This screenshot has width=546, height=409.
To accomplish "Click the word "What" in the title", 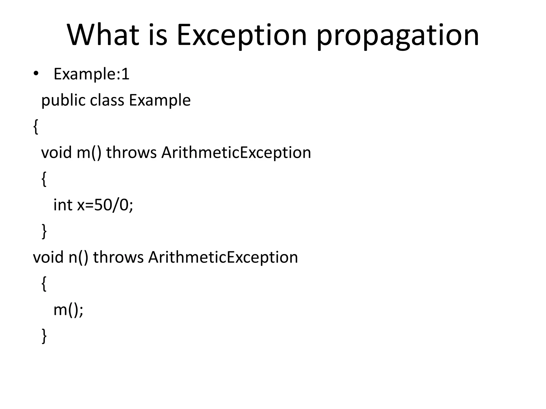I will click(x=103, y=35).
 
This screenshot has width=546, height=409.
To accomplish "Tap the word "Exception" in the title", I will click(x=242, y=35).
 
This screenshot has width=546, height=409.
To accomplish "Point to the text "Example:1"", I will click(x=91, y=74).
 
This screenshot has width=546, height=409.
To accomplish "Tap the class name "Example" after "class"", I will click(x=160, y=101).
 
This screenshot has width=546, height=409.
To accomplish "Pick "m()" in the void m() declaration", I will click(x=89, y=153).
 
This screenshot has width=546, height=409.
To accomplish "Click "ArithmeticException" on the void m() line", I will click(x=236, y=153).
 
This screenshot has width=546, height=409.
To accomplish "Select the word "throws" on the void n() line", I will click(x=118, y=257).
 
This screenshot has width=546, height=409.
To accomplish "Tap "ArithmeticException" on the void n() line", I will click(x=223, y=257).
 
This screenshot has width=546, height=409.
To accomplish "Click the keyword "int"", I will click(x=63, y=205).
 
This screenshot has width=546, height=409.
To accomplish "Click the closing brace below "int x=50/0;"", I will click(x=44, y=231).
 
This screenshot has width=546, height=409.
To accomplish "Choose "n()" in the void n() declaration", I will click(x=78, y=257).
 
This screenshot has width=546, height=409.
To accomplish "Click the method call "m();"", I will click(x=69, y=310).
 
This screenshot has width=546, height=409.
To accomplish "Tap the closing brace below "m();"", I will click(x=44, y=336).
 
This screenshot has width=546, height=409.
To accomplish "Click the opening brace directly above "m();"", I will click(x=44, y=284).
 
